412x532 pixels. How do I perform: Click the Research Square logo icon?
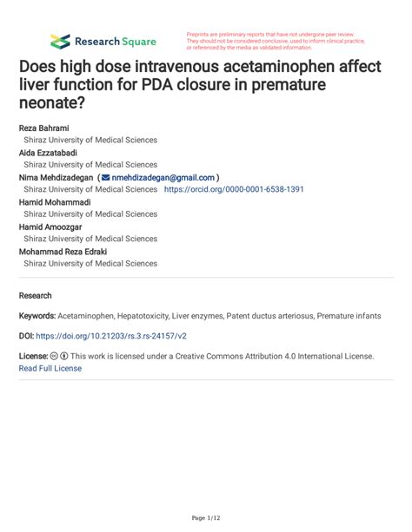coord(60,41)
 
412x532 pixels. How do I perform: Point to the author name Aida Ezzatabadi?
coord(48,152)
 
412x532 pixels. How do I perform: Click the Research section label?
coord(36,295)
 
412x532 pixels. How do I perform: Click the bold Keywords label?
coord(37,316)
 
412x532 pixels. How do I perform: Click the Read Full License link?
coord(50,368)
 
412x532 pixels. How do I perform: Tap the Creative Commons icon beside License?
coord(55,357)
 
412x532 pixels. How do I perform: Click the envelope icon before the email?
coord(107,177)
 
